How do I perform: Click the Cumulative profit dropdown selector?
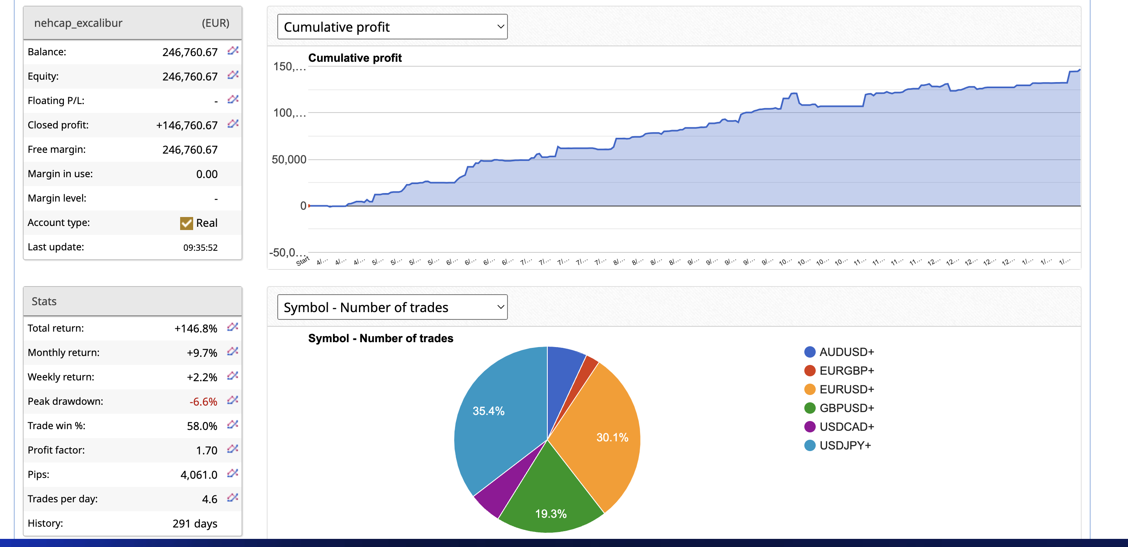point(392,27)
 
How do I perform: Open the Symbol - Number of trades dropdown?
point(392,307)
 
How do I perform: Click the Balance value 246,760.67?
point(189,52)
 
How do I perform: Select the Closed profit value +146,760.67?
point(187,125)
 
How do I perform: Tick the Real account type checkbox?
point(187,223)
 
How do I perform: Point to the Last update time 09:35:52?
point(200,247)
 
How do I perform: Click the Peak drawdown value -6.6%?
point(203,402)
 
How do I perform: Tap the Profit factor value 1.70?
point(206,450)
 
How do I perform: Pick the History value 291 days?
point(194,523)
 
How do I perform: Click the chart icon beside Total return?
point(233,327)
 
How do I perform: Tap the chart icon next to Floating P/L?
point(233,99)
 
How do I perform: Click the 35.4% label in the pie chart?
point(488,411)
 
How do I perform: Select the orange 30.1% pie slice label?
point(612,437)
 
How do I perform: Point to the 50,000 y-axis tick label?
point(289,159)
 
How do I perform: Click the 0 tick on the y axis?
point(303,206)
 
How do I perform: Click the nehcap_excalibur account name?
point(78,23)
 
